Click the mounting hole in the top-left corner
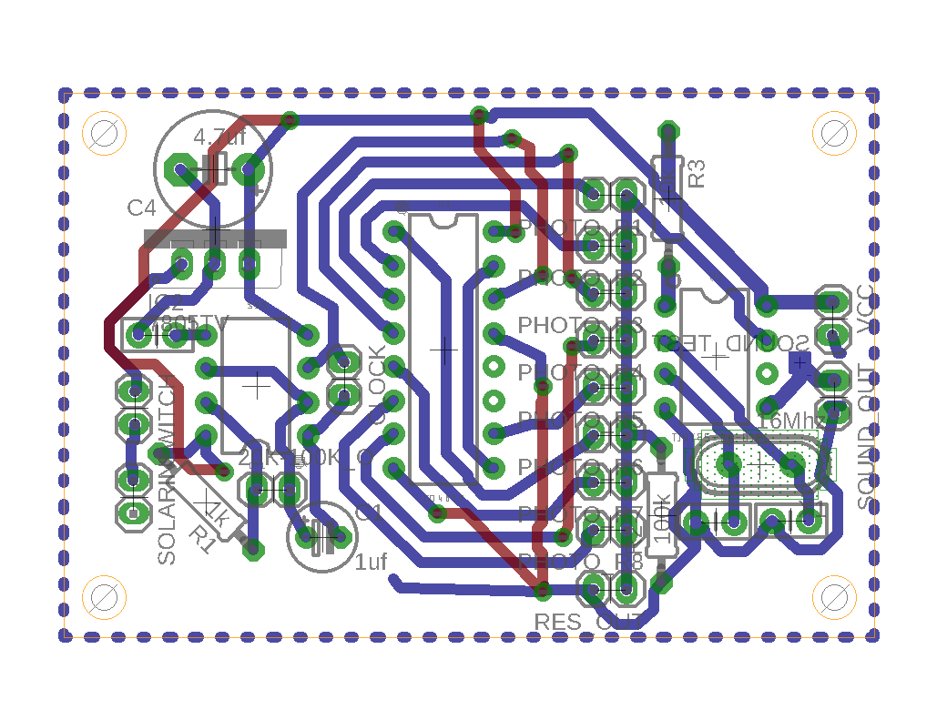click(x=104, y=134)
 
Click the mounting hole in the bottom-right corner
click(x=833, y=597)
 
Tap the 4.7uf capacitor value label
click(x=219, y=138)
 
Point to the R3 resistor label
click(x=697, y=173)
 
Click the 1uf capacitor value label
click(x=372, y=562)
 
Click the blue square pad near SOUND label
click(x=799, y=362)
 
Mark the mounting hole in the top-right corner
click(x=833, y=134)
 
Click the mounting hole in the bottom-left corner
click(x=104, y=597)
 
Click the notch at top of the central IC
click(x=444, y=219)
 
